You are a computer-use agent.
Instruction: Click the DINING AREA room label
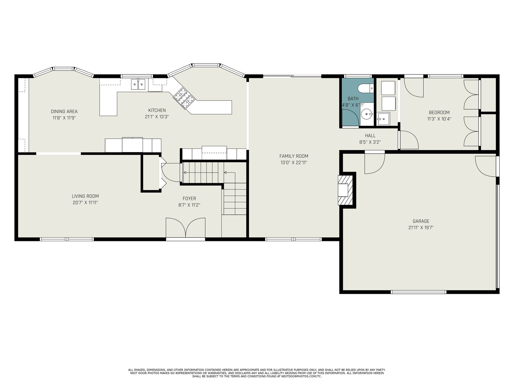coord(64,112)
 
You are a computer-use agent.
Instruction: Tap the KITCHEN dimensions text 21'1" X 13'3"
coord(157,117)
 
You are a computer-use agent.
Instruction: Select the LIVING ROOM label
coord(85,196)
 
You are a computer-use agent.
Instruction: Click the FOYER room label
coord(189,199)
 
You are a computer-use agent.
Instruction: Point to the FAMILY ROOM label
coord(294,156)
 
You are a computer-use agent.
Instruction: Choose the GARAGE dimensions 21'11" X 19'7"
coord(421,228)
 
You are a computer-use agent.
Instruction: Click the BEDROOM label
coord(439,112)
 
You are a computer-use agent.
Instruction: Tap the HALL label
coord(370,136)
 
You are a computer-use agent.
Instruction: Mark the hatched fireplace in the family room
coord(345,190)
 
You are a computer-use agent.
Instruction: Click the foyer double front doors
coord(185,227)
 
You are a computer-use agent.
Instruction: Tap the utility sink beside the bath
coord(383,118)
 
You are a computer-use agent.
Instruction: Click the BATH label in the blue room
coord(353,98)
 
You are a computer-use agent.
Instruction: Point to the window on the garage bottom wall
coord(419,292)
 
